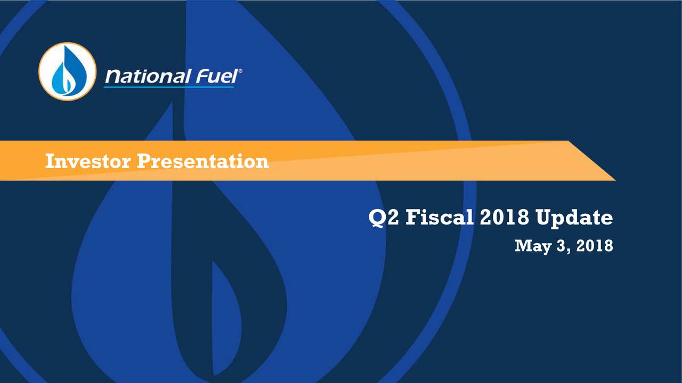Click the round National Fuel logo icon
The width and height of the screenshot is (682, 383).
tap(68, 71)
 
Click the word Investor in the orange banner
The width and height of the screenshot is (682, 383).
tap(88, 161)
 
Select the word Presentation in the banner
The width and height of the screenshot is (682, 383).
tap(203, 161)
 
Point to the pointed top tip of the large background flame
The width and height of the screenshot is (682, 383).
tap(172, 104)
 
